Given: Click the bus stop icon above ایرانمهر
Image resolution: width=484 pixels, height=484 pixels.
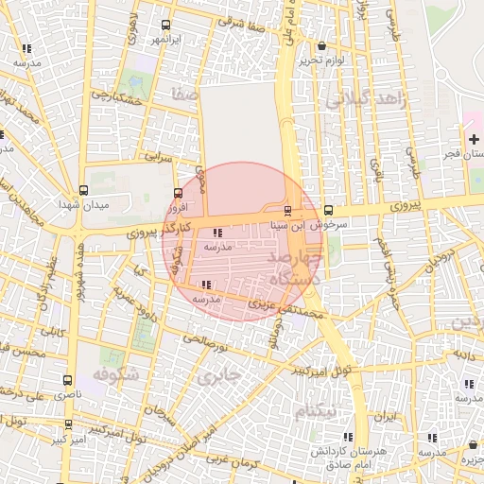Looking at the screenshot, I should (x=166, y=26).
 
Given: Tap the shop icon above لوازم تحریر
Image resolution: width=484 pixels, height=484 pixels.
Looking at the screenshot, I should (x=322, y=45).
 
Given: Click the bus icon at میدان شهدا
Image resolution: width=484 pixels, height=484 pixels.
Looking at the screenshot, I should (x=84, y=191).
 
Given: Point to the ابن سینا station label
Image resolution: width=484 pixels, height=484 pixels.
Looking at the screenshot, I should (x=287, y=225).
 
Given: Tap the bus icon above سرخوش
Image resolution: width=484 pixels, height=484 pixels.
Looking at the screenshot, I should (x=328, y=210).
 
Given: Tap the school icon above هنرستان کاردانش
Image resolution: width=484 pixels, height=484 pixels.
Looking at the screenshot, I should (x=349, y=437).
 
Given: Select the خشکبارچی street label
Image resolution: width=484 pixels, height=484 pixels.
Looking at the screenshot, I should (x=117, y=97).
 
